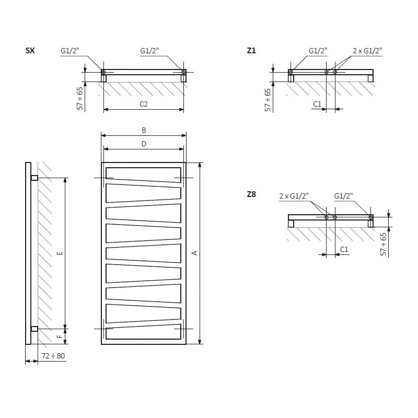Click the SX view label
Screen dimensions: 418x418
(x=30, y=51)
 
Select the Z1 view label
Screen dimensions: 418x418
(x=251, y=51)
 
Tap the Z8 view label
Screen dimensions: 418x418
(x=251, y=194)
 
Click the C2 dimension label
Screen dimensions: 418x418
(x=144, y=104)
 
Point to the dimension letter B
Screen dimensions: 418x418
(x=144, y=130)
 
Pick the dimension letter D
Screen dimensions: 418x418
(x=144, y=143)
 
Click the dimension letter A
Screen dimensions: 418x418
(x=194, y=253)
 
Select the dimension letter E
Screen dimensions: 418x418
(x=60, y=253)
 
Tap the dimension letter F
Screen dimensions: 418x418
(x=60, y=336)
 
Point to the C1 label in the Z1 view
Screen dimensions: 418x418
(x=317, y=104)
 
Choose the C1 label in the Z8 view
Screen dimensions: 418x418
(x=344, y=250)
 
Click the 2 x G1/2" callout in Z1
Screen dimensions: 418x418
(x=367, y=51)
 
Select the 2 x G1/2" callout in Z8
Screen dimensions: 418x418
(x=294, y=196)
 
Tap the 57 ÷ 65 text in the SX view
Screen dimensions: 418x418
(x=80, y=97)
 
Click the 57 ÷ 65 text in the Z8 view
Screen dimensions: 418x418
(x=384, y=243)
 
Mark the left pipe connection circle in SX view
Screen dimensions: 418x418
(x=103, y=72)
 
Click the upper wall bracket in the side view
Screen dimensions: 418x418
(x=34, y=178)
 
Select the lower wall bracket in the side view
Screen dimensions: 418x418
(x=34, y=329)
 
